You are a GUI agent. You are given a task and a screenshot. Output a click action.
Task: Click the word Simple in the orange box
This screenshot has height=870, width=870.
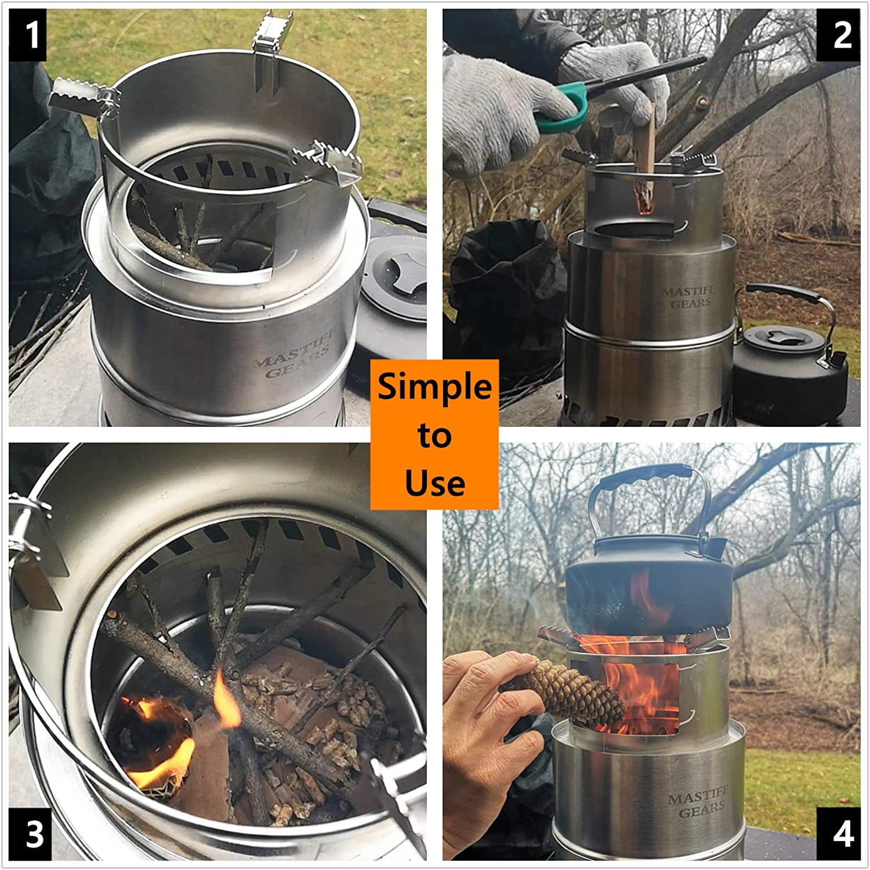coord(434,387)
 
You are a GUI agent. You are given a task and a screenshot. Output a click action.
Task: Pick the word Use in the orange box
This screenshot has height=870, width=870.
coord(434,483)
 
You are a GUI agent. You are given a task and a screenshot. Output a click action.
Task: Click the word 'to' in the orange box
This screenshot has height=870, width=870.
coord(434,436)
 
